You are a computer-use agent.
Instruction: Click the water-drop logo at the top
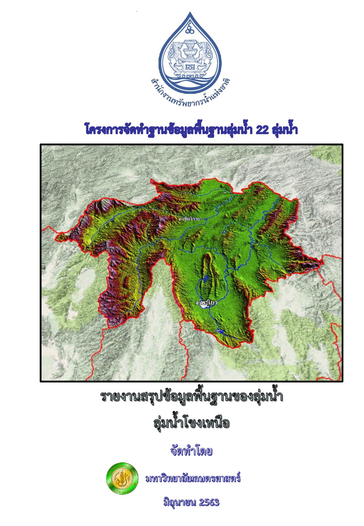[x=190, y=52]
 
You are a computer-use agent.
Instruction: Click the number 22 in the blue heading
[x=262, y=130]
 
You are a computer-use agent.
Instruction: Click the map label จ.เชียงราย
[x=189, y=219]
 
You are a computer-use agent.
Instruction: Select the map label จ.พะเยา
[x=206, y=302]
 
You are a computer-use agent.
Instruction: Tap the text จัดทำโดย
[x=191, y=451]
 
